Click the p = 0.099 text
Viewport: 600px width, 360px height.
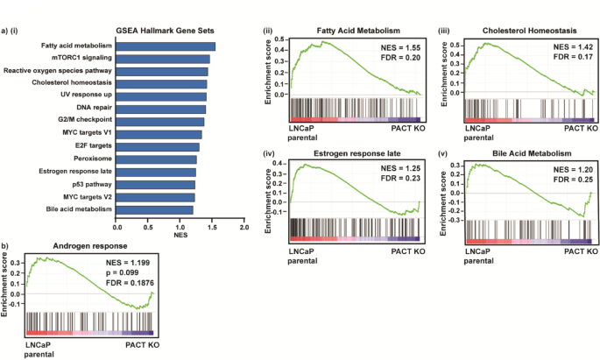(116, 273)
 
